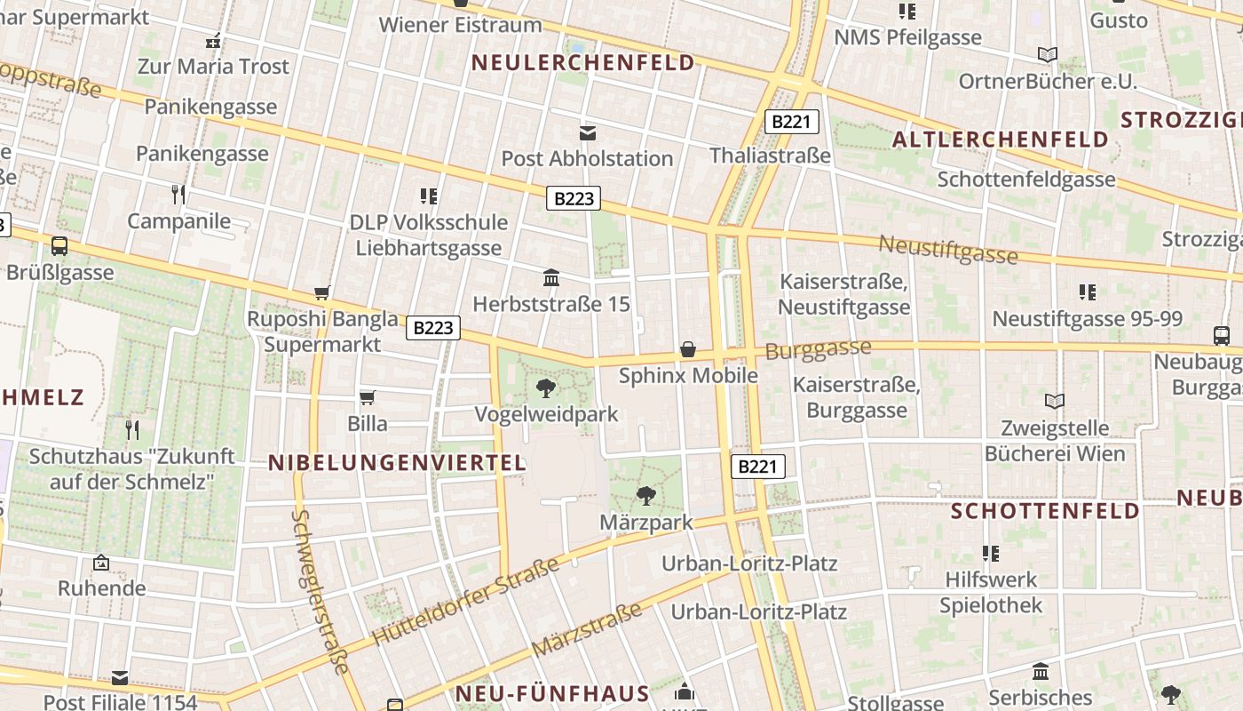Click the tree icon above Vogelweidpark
coord(546,387)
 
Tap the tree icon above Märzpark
coord(646,496)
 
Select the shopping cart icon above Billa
coord(367,397)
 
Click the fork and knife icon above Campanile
coord(178,194)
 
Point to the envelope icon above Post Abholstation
coord(587,132)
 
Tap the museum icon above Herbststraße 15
coord(550,277)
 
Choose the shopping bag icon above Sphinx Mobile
coord(687,349)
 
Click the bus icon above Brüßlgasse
coord(59,246)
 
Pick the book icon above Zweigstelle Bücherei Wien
coord(1054,402)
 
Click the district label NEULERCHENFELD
coord(583,63)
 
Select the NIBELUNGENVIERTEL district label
coord(398,462)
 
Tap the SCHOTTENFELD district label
coord(1045,511)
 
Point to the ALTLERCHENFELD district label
coord(1001,140)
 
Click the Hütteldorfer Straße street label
coord(465,602)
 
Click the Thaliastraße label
coord(770,156)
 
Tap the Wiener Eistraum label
coord(460,25)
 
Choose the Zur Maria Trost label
coord(213,67)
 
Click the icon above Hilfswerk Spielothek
coord(991,554)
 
